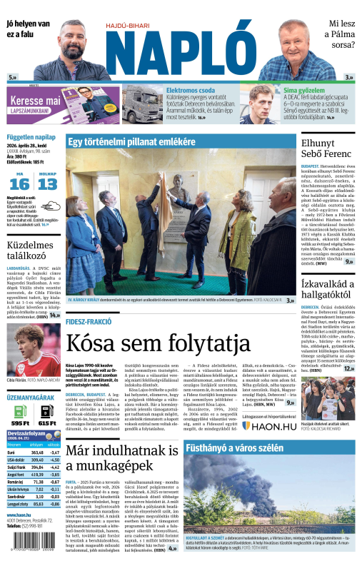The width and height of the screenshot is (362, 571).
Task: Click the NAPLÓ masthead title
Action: coord(181,57)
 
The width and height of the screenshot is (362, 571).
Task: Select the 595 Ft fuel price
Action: coord(20,423)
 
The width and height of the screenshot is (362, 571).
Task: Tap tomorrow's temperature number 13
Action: coord(47,184)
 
